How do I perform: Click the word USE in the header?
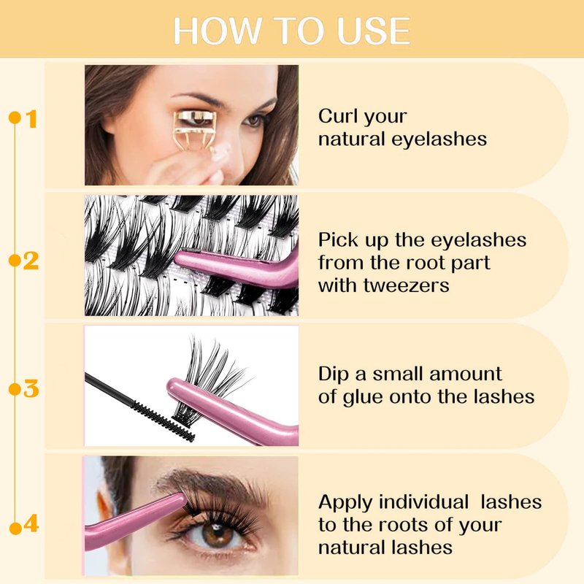pos(373,31)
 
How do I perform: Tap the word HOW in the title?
pos(217,31)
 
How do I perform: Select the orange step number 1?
pos(31,119)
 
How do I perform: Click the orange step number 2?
pos(31,261)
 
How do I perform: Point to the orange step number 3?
pos(31,389)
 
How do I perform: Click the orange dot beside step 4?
pos(15,529)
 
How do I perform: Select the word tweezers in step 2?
pos(407,286)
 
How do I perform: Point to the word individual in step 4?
pos(424,502)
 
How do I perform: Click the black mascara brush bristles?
pos(164,421)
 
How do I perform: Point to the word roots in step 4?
pos(404,525)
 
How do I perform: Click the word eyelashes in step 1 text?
pos(439,140)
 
